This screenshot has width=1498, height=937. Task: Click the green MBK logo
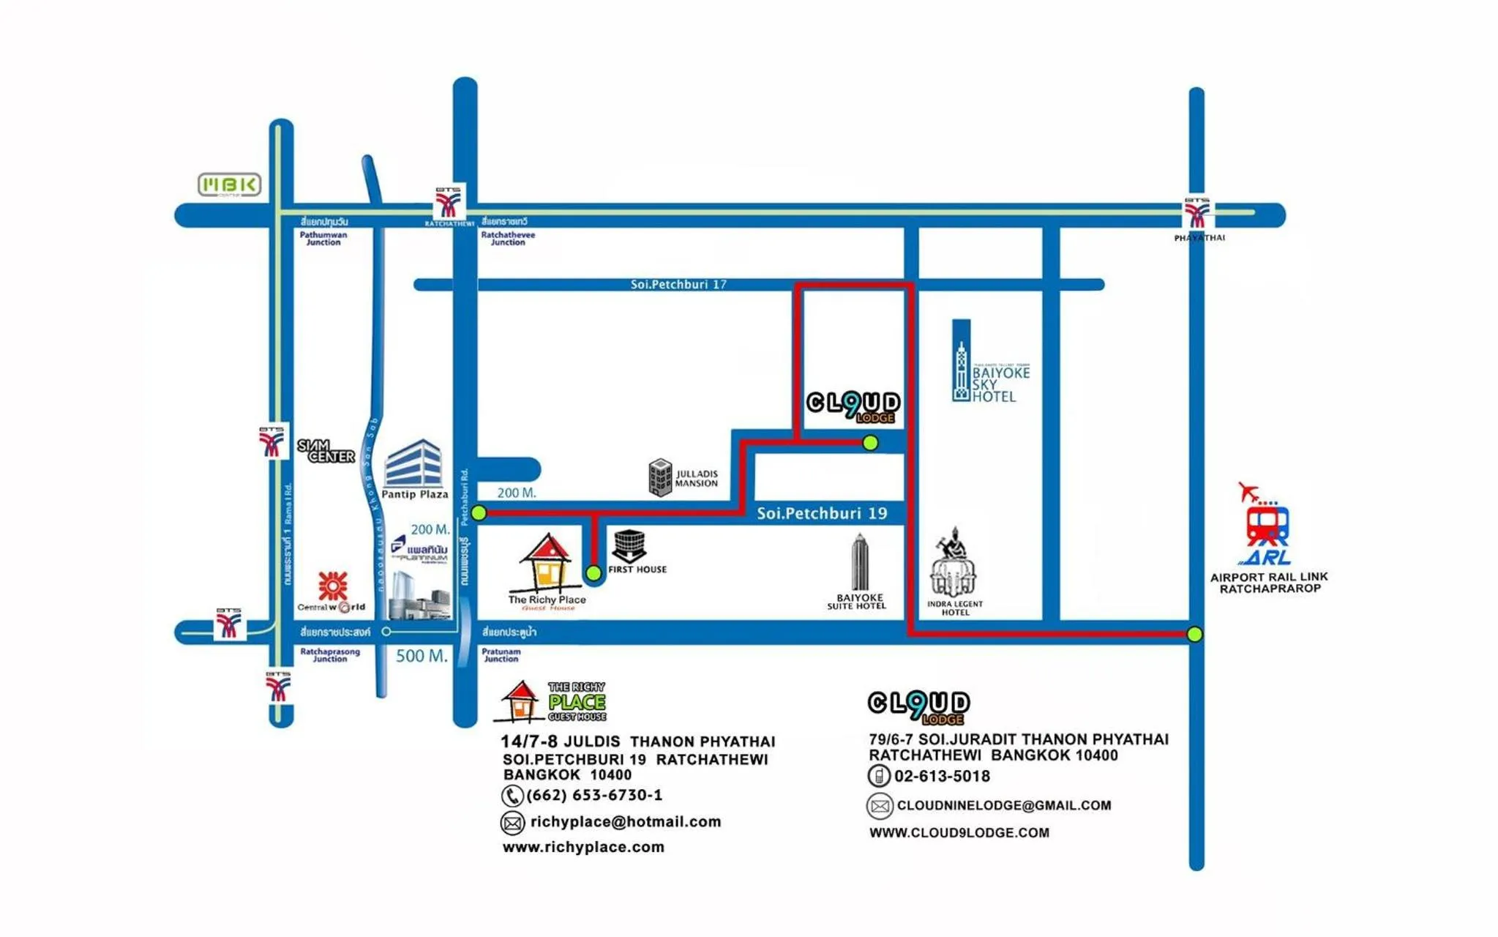(x=229, y=184)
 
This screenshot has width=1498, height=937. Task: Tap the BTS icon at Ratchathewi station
(x=449, y=202)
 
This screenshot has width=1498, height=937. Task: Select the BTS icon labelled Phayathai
(x=1197, y=214)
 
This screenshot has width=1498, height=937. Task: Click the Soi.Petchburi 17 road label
(x=678, y=284)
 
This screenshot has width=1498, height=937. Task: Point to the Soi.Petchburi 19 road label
(x=821, y=513)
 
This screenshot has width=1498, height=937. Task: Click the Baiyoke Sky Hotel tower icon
(x=961, y=362)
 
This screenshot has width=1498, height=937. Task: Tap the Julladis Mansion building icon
(x=660, y=477)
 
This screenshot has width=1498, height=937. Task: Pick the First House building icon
(x=629, y=545)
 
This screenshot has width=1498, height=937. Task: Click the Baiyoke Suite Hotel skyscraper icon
(x=860, y=561)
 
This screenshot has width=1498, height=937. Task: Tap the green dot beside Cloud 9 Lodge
(x=870, y=442)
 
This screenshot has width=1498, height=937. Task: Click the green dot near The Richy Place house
(x=593, y=572)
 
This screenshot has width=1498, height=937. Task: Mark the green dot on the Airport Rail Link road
(x=1194, y=634)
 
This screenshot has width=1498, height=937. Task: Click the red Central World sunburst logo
(x=333, y=586)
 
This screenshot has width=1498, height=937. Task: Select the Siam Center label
(x=326, y=450)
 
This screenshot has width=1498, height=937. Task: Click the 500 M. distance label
(x=422, y=656)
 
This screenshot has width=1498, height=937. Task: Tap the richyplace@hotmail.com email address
(x=625, y=821)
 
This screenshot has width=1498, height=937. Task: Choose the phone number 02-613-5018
(x=942, y=776)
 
